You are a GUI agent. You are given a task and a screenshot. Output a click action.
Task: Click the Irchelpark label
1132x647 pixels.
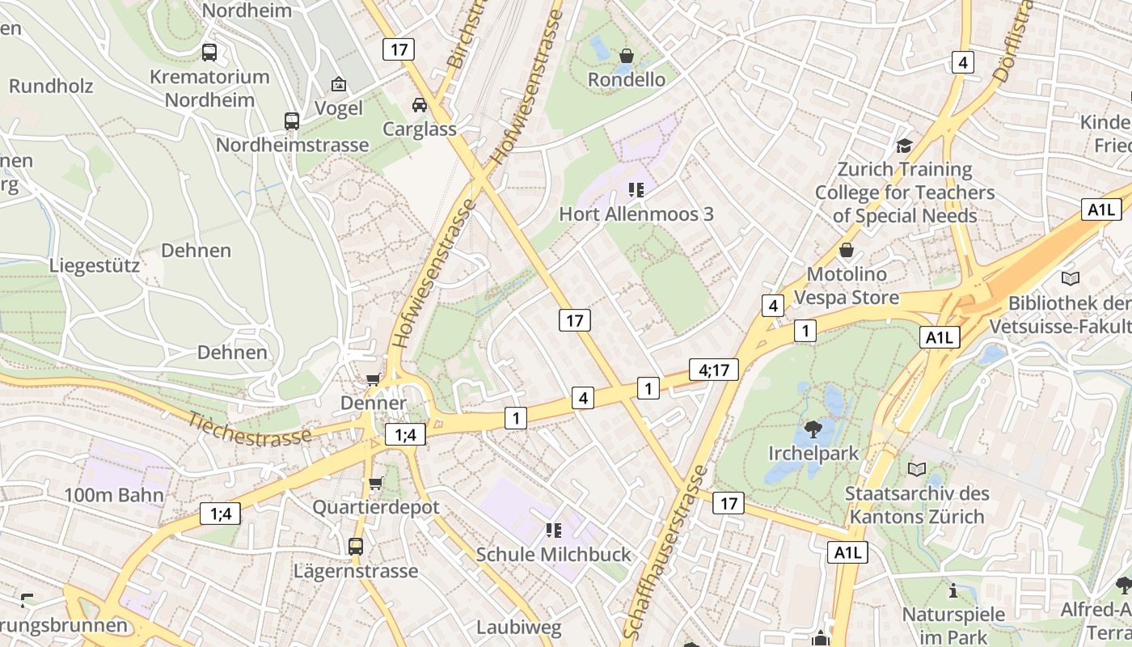click(813, 453)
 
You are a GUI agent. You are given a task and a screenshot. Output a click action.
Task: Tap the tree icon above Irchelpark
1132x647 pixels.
click(813, 429)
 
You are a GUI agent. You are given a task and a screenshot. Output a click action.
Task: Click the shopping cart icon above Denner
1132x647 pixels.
click(373, 379)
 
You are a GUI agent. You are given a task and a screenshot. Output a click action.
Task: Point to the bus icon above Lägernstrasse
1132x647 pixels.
click(356, 547)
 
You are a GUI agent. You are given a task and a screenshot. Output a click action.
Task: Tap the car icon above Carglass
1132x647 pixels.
click(420, 105)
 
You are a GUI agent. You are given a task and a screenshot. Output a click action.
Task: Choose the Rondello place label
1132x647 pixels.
click(627, 79)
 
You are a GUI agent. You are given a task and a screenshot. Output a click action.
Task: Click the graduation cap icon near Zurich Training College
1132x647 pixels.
click(904, 146)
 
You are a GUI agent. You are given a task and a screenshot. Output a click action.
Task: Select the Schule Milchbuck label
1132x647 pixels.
click(553, 555)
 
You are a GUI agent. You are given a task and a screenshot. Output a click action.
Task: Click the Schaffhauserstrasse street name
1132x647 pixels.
click(666, 553)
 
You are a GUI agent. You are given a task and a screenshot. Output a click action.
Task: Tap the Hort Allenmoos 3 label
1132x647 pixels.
click(636, 214)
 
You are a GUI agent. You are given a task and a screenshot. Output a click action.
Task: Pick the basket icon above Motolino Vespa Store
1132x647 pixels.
click(847, 250)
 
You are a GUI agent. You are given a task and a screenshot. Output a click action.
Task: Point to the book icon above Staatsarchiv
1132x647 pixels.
click(917, 470)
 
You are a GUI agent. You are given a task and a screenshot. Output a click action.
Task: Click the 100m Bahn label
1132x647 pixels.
click(114, 495)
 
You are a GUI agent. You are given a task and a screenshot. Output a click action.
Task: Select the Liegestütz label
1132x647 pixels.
click(95, 265)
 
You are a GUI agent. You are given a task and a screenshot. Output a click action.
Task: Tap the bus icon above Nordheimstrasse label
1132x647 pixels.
click(292, 121)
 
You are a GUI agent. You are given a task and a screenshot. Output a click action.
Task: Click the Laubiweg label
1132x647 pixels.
click(518, 627)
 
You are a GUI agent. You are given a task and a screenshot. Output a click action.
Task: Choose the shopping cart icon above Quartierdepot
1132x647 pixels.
click(375, 484)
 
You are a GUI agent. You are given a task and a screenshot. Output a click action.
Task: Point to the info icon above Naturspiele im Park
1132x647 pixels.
click(953, 590)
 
